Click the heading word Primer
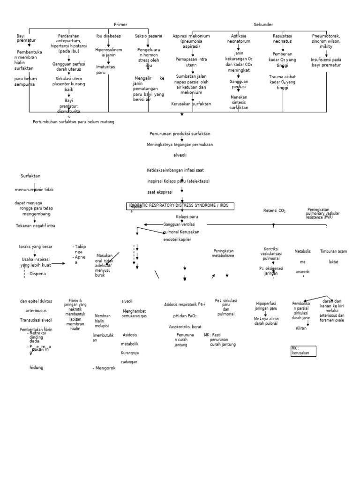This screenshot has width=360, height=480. [120, 24]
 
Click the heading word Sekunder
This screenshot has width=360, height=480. [263, 24]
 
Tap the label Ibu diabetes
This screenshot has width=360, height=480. [108, 36]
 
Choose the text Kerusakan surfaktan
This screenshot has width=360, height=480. [191, 104]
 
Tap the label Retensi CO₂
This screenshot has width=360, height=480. [274, 210]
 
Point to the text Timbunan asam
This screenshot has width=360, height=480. [333, 251]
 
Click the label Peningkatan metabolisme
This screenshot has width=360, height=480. [223, 254]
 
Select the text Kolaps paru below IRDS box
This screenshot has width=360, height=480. [187, 217]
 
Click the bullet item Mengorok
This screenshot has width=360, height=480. [105, 368]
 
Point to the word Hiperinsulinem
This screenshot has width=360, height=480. [108, 49]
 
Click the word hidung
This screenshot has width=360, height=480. [36, 367]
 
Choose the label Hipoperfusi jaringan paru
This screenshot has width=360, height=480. [266, 306]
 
